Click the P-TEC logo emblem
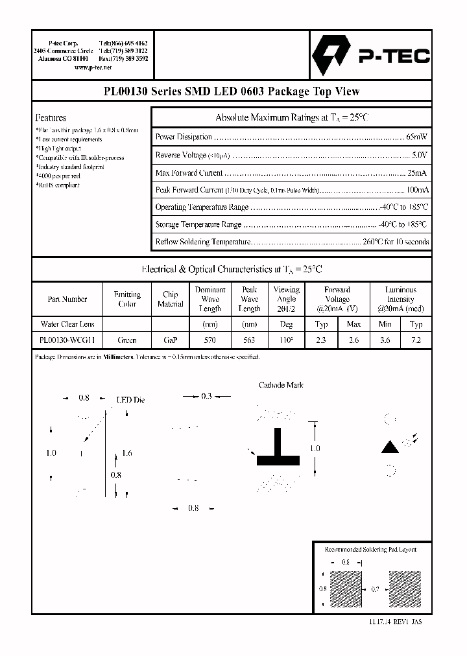332,56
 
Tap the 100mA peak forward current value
416,190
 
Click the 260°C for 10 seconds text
396,242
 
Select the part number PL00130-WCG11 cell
67,339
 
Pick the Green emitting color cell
127,339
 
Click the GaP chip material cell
170,339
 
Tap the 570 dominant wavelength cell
210,339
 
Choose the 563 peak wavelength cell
249,339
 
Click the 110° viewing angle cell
286,339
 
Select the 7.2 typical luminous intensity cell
416,339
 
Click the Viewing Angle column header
286,299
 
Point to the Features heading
51,118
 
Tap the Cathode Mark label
281,384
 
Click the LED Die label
130,400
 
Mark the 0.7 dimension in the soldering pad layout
375,589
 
